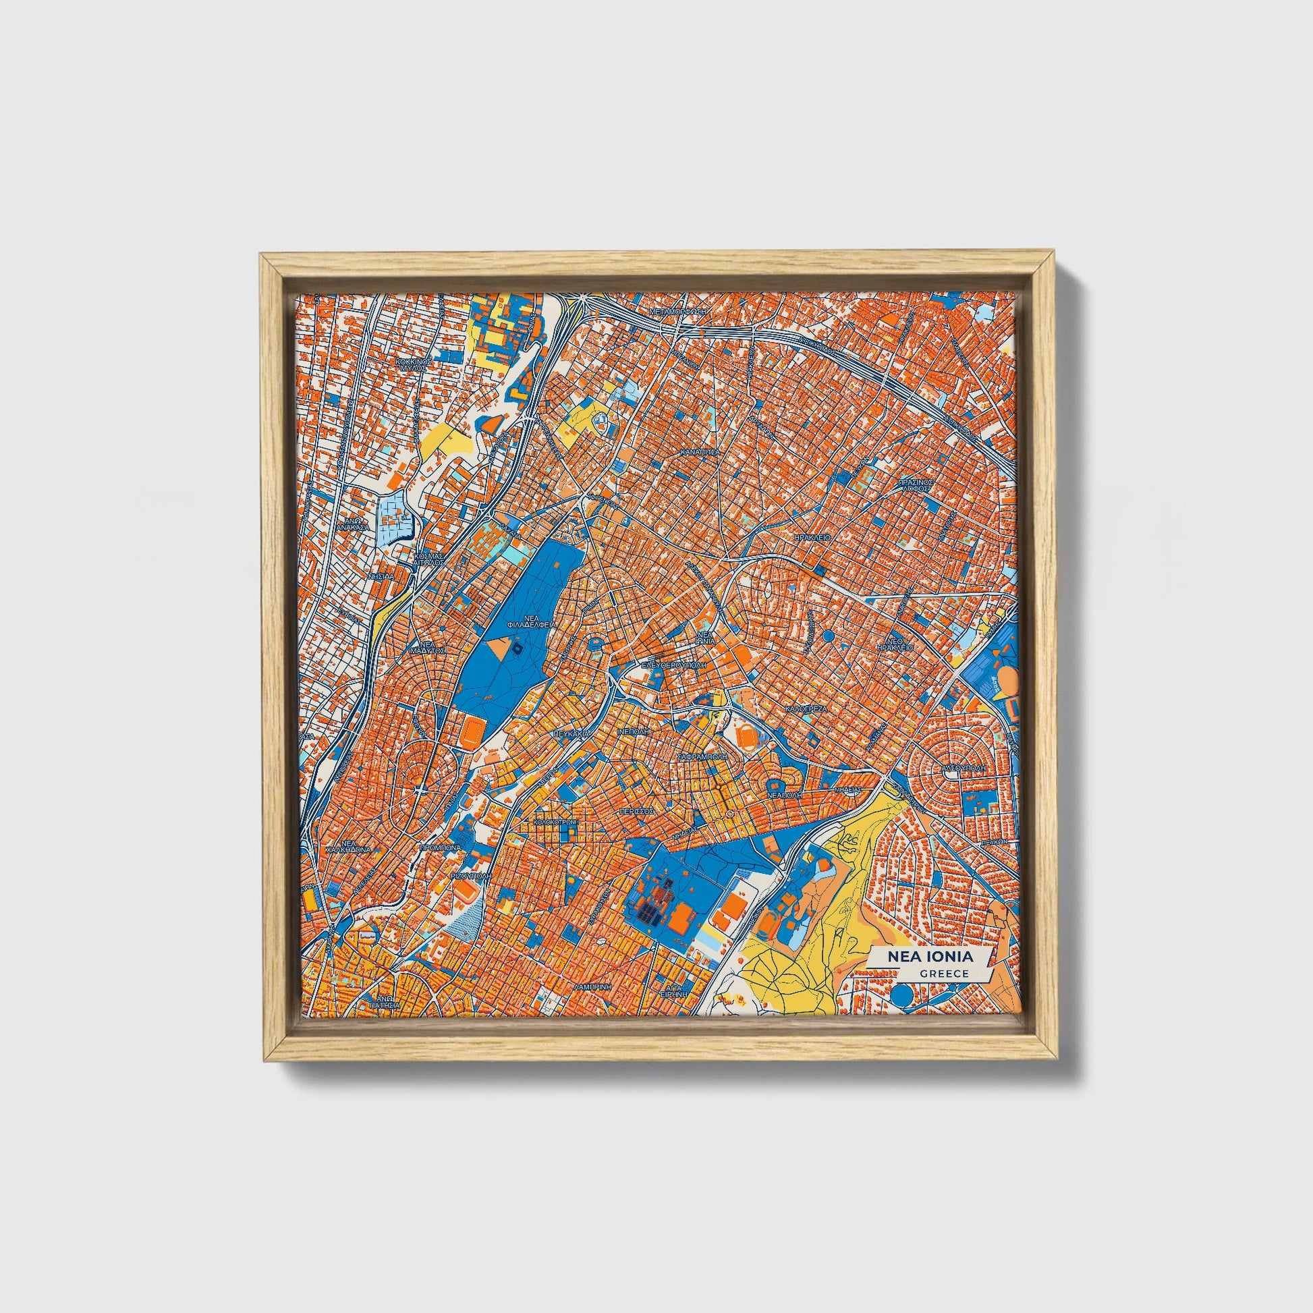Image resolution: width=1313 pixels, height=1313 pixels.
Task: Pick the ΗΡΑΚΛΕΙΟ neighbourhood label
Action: [812, 537]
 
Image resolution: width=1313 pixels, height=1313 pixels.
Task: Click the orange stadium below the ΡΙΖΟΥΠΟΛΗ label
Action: [466, 890]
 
